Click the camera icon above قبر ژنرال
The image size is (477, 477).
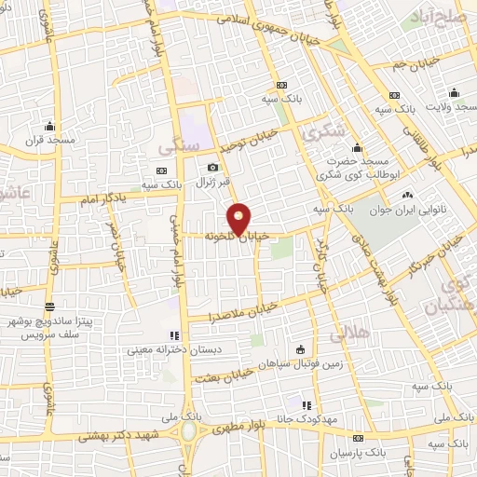tap(212, 167)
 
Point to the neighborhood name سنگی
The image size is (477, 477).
tap(178, 146)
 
